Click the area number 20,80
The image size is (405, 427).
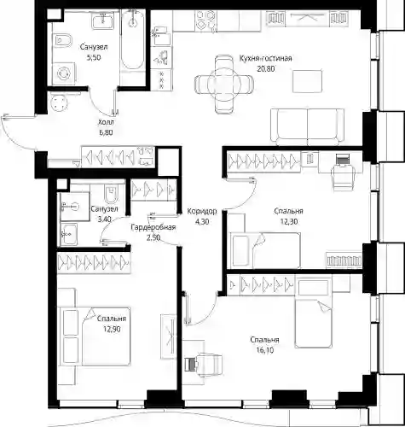click(266, 68)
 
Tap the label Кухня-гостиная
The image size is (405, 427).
click(265, 58)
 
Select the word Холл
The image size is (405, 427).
click(106, 122)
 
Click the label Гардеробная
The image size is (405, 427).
click(153, 227)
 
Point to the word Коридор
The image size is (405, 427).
click(202, 211)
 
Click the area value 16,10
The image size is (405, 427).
click(264, 350)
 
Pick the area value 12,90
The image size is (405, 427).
click(112, 329)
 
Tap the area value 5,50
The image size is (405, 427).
click(94, 57)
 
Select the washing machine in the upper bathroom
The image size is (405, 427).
click(64, 73)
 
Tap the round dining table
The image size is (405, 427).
click(224, 85)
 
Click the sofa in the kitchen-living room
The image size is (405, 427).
click(308, 126)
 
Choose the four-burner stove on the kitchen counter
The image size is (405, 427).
click(205, 20)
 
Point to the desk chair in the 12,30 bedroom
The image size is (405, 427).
click(344, 173)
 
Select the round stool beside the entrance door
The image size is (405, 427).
click(60, 102)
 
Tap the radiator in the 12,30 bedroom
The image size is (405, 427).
click(344, 260)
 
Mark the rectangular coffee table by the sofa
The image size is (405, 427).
click(308, 81)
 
